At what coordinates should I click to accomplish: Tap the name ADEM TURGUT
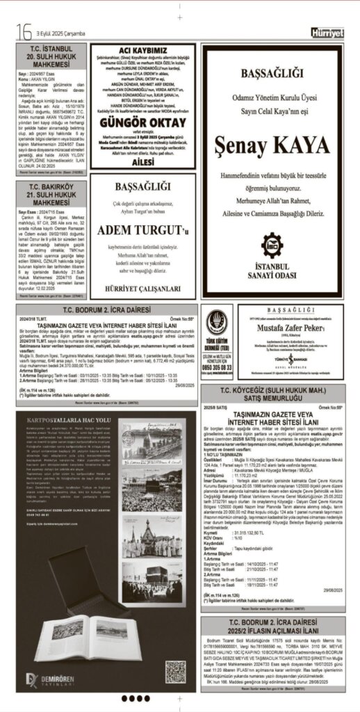tap(142, 229)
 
